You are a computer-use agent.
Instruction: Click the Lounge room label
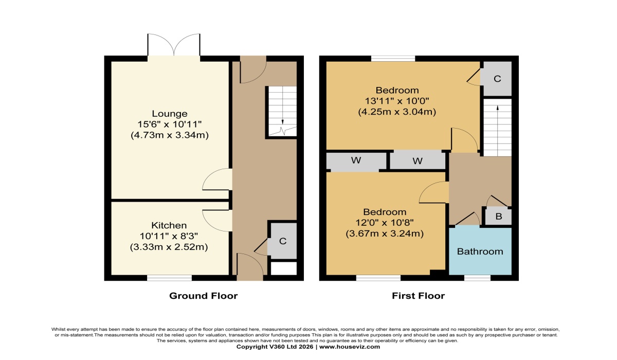[170, 114]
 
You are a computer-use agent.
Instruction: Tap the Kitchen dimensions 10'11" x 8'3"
[169, 236]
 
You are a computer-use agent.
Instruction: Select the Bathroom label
[480, 251]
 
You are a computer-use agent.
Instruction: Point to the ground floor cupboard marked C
[283, 241]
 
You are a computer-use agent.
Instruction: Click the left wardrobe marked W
[356, 160]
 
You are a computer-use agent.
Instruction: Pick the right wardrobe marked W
[418, 161]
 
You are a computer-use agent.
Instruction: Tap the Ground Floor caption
[203, 296]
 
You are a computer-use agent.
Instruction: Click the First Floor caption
[419, 296]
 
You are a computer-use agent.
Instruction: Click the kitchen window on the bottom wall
[169, 278]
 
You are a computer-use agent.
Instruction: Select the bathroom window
[477, 278]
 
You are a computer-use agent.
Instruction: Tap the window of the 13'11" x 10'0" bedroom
[393, 59]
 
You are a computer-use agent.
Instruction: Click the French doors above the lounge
[174, 45]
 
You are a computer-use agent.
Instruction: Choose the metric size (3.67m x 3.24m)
[385, 234]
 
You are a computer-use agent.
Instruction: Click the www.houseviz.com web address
[350, 347]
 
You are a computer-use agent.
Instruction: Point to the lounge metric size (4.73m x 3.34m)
[170, 135]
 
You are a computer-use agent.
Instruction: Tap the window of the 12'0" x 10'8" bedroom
[378, 278]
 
